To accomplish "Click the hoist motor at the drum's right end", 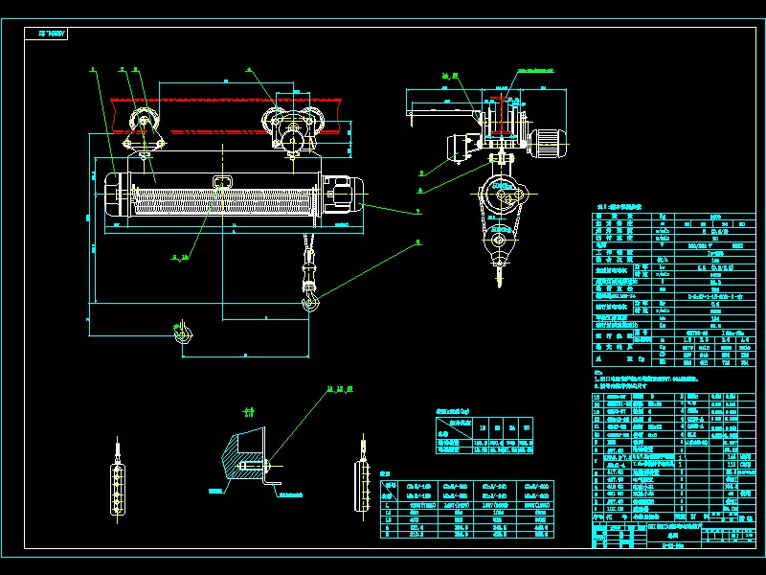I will (x=340, y=195).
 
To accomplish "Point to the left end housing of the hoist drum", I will (x=114, y=196).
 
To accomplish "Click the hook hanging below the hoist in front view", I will (x=309, y=303).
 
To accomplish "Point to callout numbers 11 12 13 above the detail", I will (x=340, y=389).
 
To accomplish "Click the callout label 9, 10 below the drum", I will (x=179, y=257).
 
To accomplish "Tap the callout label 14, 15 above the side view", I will (x=450, y=75).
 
